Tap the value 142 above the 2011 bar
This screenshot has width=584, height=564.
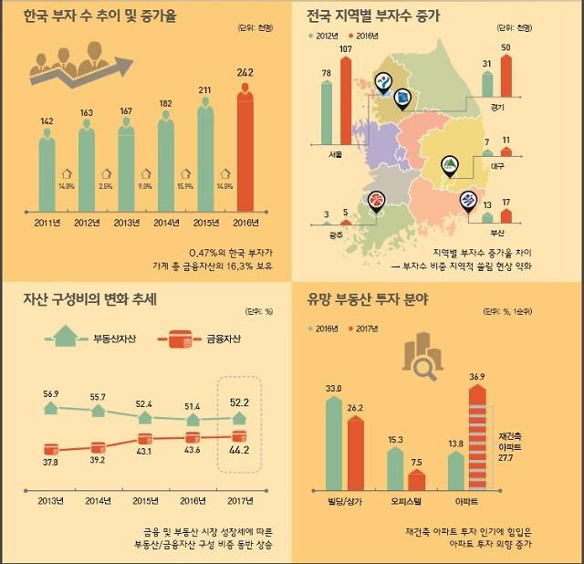click(x=47, y=120)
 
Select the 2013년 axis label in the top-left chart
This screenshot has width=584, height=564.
click(x=127, y=222)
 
